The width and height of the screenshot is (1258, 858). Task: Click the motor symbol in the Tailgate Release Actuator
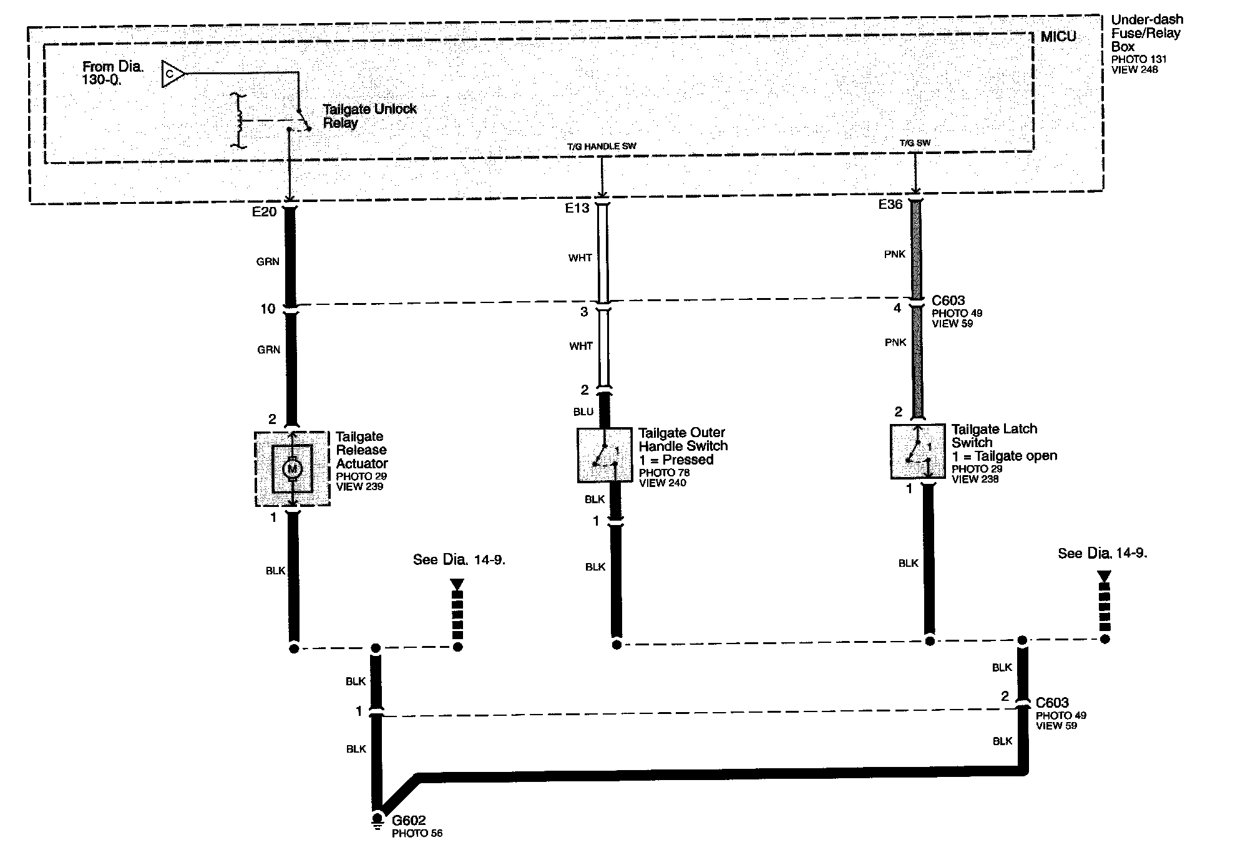point(292,468)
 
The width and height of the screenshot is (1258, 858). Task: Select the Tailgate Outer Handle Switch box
point(603,455)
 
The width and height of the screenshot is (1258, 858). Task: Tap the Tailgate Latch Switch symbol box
point(917,451)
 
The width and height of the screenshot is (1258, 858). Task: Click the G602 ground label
point(409,821)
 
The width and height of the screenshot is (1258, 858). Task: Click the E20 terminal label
point(264,212)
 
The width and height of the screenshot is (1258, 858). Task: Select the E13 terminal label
point(577,208)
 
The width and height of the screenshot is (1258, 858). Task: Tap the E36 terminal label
point(890,205)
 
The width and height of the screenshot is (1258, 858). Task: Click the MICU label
point(1058,37)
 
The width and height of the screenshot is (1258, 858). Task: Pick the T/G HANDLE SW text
point(602,147)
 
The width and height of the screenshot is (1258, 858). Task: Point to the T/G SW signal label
point(915,143)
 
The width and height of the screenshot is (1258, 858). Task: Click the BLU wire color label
point(583,412)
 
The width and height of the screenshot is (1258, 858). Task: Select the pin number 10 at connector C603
point(268,309)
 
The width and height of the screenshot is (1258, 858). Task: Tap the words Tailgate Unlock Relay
point(369,116)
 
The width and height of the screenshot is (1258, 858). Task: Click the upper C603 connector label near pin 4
point(948,301)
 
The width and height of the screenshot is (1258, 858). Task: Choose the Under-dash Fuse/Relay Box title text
point(1146,33)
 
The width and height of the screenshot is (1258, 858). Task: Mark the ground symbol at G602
point(377,821)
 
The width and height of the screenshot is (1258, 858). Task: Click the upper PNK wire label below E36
point(895,254)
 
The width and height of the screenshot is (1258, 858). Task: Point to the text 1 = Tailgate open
point(1005,456)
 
